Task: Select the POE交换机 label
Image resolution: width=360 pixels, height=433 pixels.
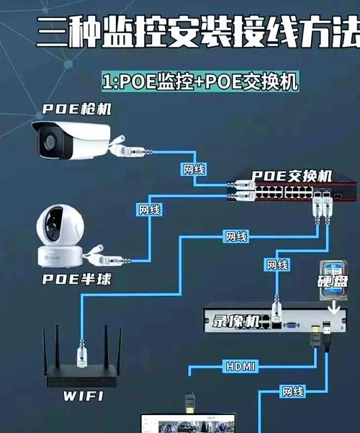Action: point(292,176)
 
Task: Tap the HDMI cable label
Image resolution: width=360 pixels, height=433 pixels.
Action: point(239,367)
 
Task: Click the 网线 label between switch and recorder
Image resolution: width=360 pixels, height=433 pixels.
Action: point(278,264)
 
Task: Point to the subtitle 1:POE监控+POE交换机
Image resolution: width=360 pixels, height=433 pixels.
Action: point(199,81)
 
